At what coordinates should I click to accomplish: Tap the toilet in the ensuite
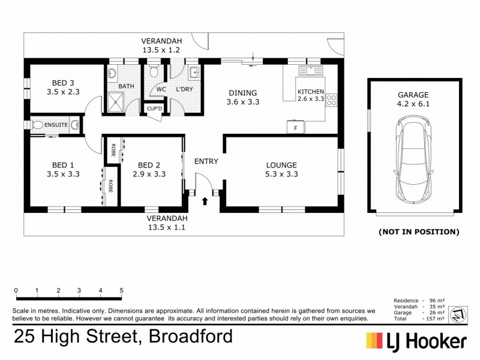[x=37, y=125]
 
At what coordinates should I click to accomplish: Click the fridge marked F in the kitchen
[x=295, y=127]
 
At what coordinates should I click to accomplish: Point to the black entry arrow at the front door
[x=205, y=201]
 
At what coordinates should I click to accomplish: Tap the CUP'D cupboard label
[x=150, y=109]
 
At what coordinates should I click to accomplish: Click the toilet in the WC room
[x=154, y=72]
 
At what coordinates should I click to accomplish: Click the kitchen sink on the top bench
[x=310, y=71]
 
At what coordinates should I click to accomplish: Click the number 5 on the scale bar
[x=122, y=290]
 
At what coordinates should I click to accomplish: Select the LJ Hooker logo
[x=416, y=340]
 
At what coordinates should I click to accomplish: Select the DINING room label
[x=242, y=92]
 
